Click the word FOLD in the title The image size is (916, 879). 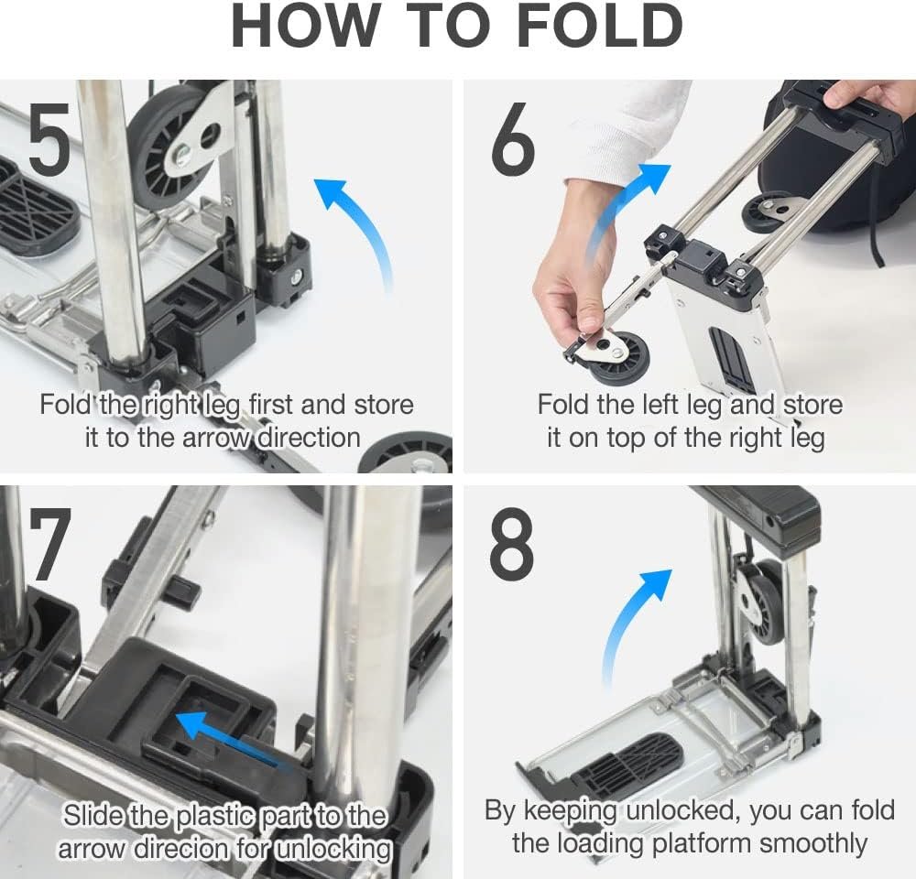(x=600, y=26)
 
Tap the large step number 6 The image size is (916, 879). (x=513, y=138)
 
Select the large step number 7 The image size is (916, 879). (x=50, y=544)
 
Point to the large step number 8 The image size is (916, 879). (x=512, y=543)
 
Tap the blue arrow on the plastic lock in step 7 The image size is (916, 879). (x=234, y=739)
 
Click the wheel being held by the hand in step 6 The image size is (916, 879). (x=620, y=357)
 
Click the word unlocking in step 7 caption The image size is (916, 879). (x=333, y=849)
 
